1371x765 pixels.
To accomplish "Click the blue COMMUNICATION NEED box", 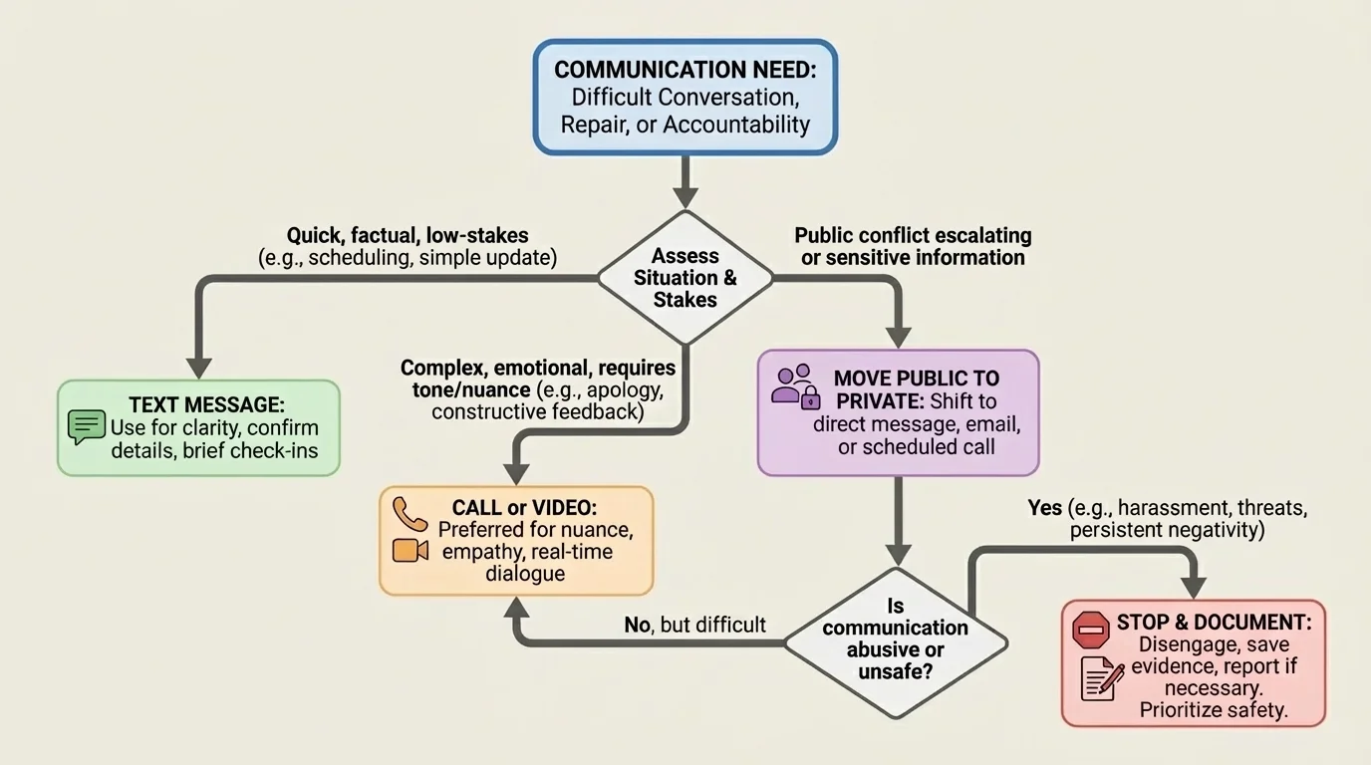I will (685, 97).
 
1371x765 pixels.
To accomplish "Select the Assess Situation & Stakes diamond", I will (685, 278).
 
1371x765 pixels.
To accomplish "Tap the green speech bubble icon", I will (87, 427).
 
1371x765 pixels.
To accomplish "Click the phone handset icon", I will (409, 513).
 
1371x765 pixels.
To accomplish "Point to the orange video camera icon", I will (410, 550).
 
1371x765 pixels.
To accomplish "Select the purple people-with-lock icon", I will (796, 386).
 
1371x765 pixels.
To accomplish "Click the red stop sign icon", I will (1090, 630).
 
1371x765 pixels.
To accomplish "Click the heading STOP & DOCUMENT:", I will (1213, 623).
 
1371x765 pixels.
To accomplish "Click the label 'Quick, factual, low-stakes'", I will (408, 236).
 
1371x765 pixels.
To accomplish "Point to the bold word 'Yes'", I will (1044, 508).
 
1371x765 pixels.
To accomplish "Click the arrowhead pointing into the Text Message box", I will (199, 366).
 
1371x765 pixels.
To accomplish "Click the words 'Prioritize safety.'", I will (1214, 710).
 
